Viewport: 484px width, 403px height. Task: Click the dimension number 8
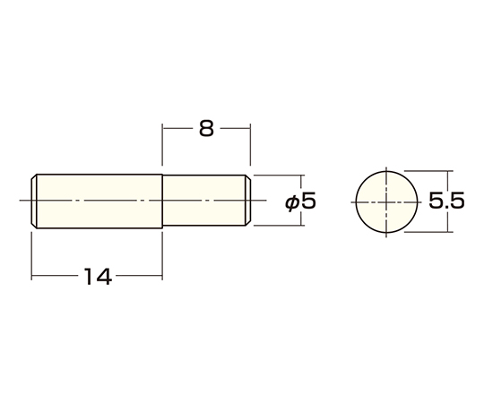point(206,129)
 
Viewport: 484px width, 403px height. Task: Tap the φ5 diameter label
point(300,202)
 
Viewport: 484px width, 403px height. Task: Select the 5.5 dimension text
point(446,201)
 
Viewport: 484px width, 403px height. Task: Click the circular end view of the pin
point(386,202)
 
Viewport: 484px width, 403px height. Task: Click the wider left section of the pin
point(99,201)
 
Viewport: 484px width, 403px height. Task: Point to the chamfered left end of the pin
point(34,201)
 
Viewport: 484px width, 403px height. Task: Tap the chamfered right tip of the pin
point(248,201)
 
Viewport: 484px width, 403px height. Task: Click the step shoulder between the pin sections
point(162,201)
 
